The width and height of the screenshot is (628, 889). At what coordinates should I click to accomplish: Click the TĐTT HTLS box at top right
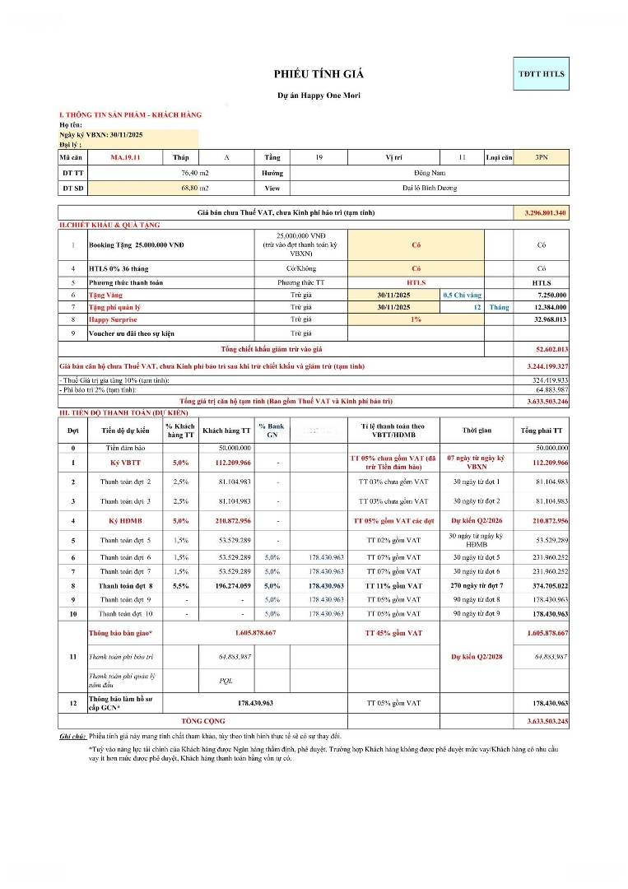coord(541,74)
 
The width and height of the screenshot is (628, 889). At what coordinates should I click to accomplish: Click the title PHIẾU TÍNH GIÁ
coord(319,74)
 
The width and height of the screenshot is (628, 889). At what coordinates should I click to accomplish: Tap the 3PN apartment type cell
coord(541,156)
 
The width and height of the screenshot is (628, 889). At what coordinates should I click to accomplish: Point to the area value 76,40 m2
coord(195,173)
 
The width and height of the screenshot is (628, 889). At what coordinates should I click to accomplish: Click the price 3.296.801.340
coord(545,213)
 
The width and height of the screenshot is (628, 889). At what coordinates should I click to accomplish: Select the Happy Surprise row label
coord(113,319)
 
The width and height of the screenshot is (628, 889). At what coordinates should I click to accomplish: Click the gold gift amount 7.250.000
coord(551,295)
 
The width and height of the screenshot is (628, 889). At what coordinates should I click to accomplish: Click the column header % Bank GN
coord(272,430)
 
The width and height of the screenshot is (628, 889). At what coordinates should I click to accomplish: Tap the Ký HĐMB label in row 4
coord(125,521)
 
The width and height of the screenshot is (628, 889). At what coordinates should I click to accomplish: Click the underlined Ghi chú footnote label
coord(72,735)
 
